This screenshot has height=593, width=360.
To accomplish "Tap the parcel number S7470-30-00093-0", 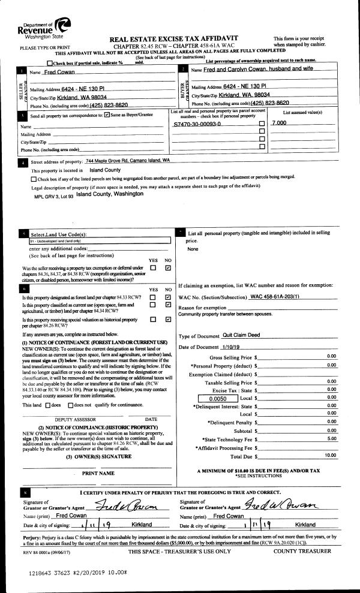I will click(x=197, y=123).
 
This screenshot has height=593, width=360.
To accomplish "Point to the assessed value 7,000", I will click(x=280, y=122).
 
